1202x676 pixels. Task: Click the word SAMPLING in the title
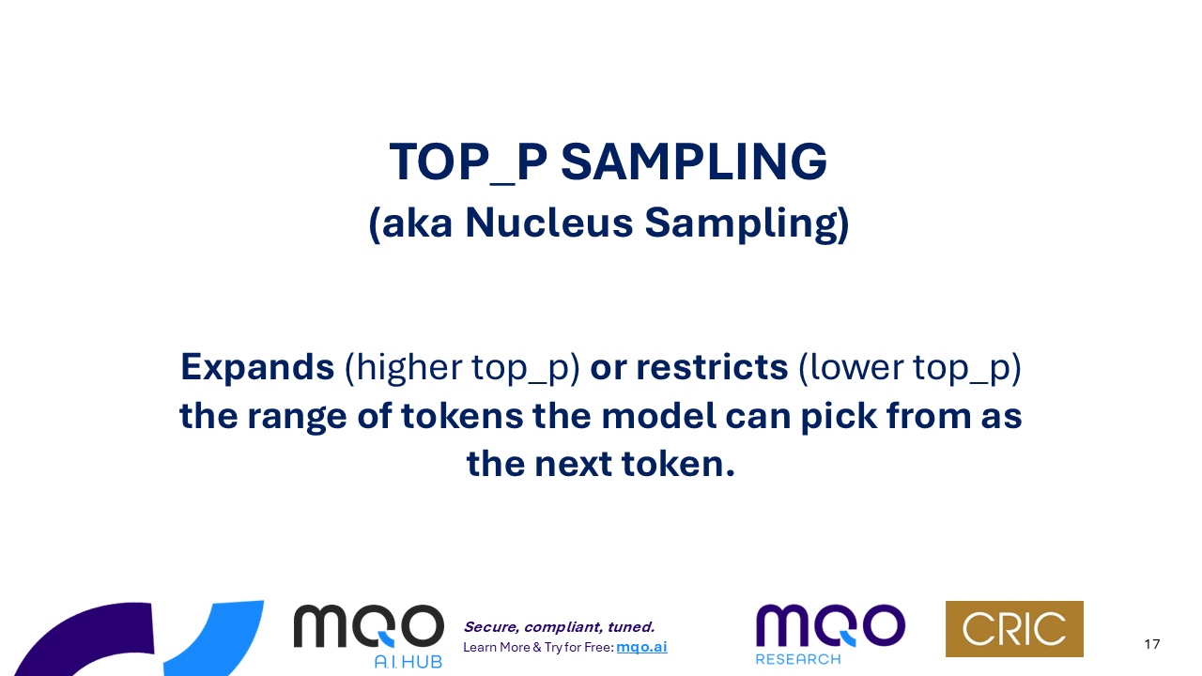pyautogui.click(x=694, y=161)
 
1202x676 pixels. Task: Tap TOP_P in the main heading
pyautogui.click(x=468, y=162)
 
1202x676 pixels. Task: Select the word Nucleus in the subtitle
pyautogui.click(x=549, y=223)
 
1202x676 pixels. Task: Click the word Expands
pyautogui.click(x=257, y=368)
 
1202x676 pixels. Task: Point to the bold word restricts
pyautogui.click(x=712, y=367)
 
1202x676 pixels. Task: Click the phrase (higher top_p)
pyautogui.click(x=462, y=369)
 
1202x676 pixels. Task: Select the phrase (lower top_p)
pyautogui.click(x=910, y=369)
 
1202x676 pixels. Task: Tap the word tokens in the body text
pyautogui.click(x=462, y=416)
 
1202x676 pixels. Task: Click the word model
pyautogui.click(x=659, y=416)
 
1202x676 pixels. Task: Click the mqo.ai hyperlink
pyautogui.click(x=641, y=647)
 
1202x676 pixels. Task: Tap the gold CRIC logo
pyautogui.click(x=1014, y=629)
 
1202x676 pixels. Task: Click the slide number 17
pyautogui.click(x=1151, y=644)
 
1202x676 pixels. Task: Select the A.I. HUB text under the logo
pyautogui.click(x=408, y=662)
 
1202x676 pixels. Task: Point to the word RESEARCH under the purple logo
pyautogui.click(x=798, y=659)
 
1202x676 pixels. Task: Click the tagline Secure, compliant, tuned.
pyautogui.click(x=559, y=627)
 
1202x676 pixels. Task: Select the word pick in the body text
pyautogui.click(x=839, y=417)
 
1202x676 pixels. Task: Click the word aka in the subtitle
pyautogui.click(x=417, y=223)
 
